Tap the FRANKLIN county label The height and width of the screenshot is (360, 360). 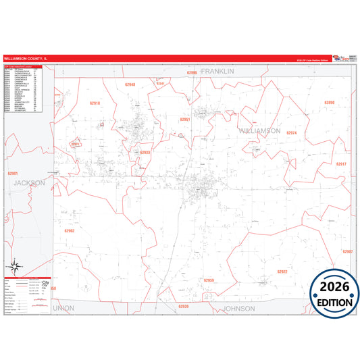coord(217,71)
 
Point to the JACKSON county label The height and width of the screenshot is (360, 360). coord(28,182)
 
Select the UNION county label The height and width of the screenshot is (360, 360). coord(63,308)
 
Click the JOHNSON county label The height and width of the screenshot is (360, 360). coord(239,308)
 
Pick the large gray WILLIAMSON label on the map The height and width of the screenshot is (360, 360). coord(259,130)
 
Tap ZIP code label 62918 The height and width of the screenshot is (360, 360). coord(95,103)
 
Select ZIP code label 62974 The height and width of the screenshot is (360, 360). coord(292,133)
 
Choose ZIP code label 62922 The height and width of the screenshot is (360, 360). coord(282,272)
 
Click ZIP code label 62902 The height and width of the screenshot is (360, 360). coord(69,230)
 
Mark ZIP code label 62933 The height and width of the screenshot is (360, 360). coord(145,153)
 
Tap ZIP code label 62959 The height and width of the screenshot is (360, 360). coord(209,280)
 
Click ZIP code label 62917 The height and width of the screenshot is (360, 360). coord(340,164)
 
